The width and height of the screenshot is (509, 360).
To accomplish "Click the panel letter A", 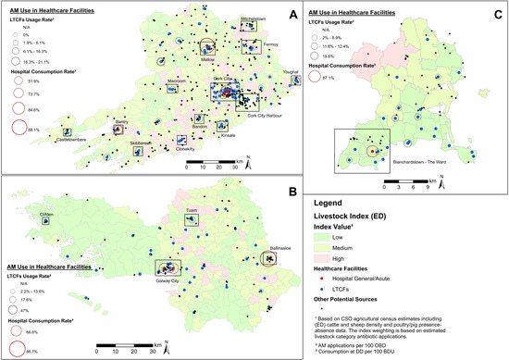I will [293, 16].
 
